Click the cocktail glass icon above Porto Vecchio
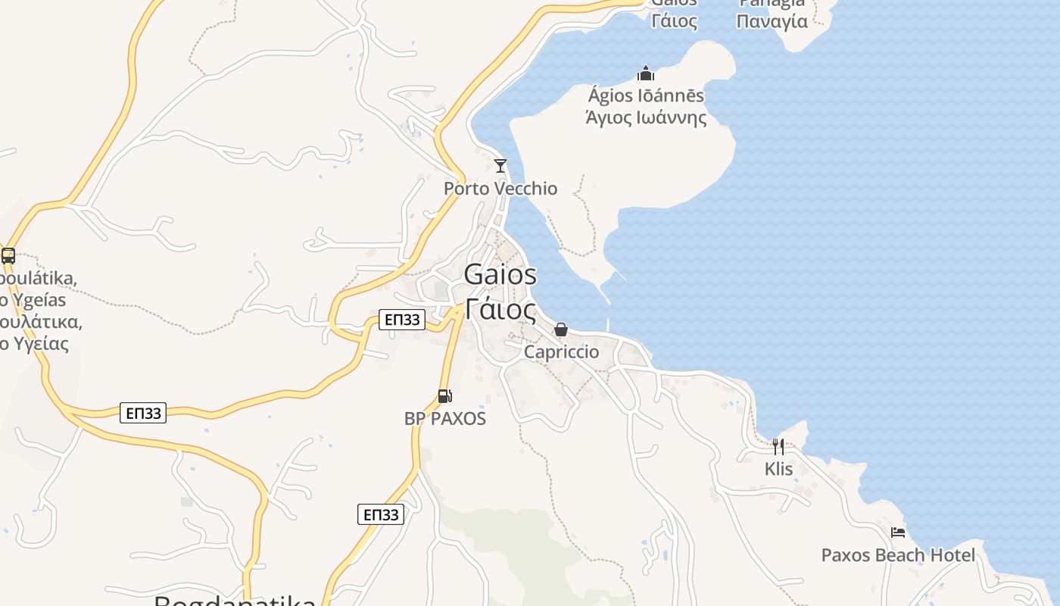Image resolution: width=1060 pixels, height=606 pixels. coord(500,165)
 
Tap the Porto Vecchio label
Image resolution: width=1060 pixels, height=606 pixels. coord(500,189)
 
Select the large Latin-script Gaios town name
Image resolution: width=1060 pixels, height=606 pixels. coord(500,274)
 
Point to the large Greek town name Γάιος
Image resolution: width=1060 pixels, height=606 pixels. coord(500,309)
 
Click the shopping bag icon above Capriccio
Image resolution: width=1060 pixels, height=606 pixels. coord(561,330)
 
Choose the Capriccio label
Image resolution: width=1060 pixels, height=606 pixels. coord(561,352)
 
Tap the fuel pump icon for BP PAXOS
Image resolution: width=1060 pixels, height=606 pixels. coord(445,395)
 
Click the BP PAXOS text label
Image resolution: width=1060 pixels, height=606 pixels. coord(445,418)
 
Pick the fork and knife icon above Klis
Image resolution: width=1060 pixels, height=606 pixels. coord(778,446)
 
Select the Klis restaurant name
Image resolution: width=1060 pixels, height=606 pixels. coord(778,469)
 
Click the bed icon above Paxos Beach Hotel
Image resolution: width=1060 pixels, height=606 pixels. coord(898,533)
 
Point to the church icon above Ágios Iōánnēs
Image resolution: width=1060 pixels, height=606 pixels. coord(646,73)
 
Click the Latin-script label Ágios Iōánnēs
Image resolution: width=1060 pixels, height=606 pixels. coord(646,96)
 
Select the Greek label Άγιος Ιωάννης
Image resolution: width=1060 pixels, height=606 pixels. coord(646,118)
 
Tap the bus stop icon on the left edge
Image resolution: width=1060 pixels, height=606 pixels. coord(8,256)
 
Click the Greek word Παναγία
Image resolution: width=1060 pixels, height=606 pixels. coord(773,21)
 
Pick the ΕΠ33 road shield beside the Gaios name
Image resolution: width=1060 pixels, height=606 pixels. coord(401,320)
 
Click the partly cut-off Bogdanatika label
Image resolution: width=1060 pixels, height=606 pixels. coord(235,601)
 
